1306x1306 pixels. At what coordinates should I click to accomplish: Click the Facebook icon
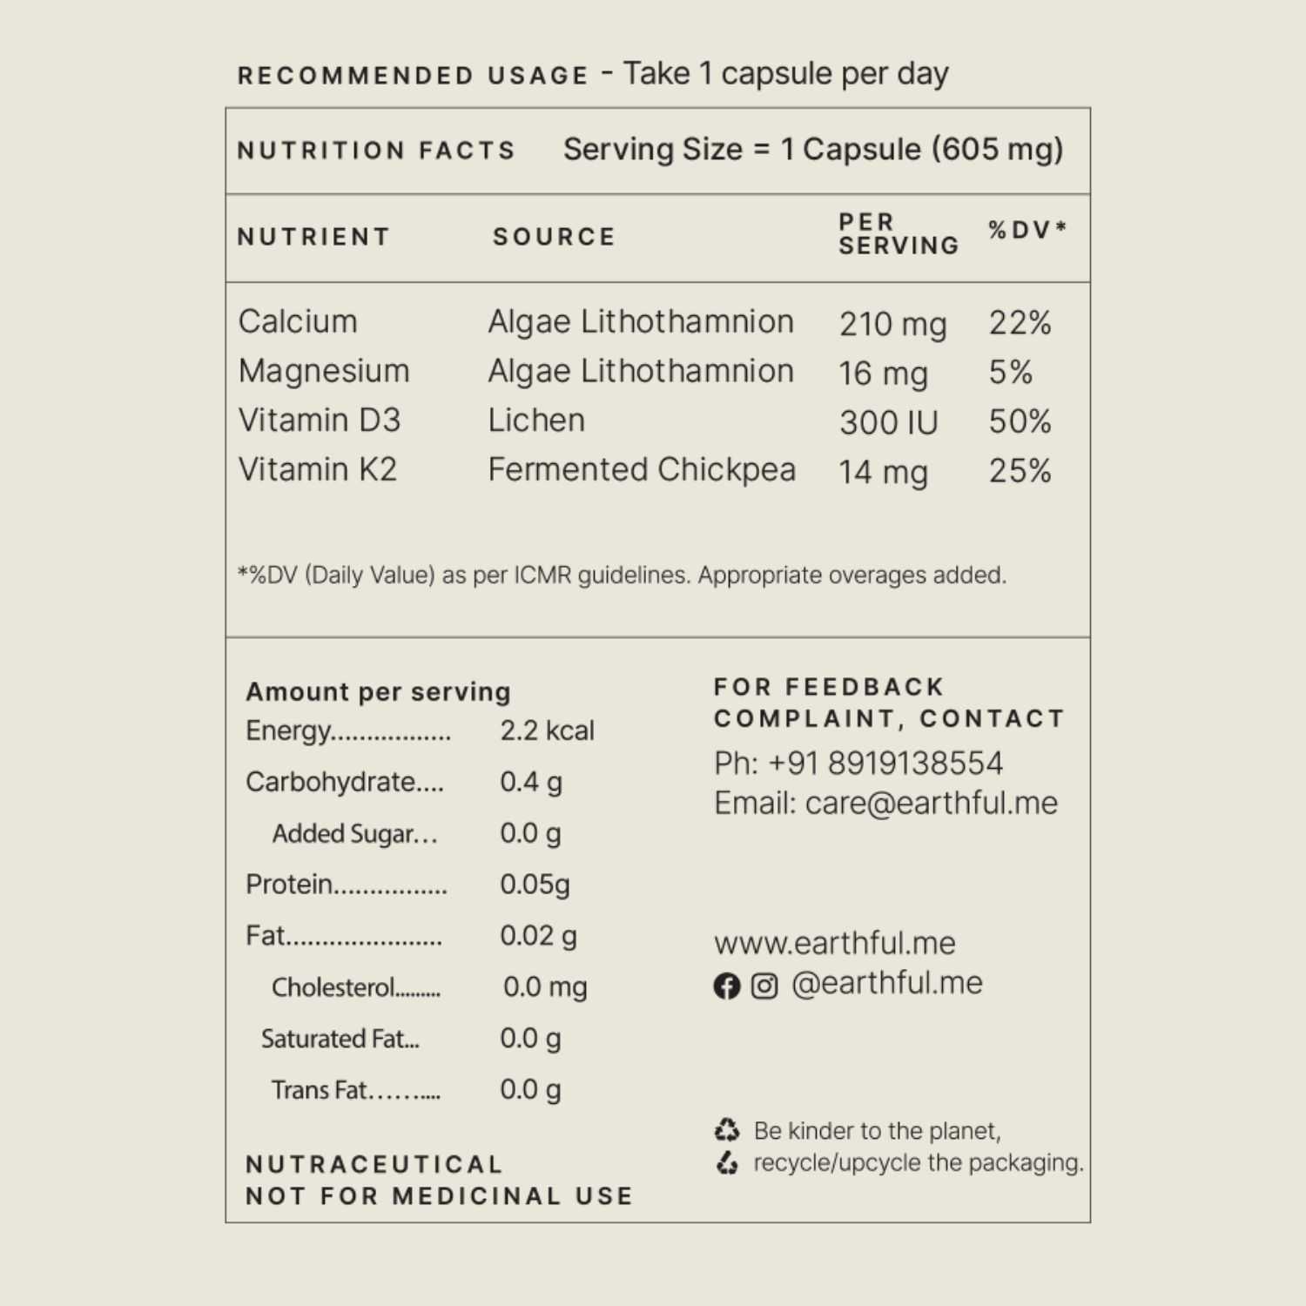point(726,986)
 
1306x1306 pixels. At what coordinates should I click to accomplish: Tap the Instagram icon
point(764,986)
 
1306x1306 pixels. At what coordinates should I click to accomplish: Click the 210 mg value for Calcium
point(892,324)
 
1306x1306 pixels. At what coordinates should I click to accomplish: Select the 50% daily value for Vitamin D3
point(1020,422)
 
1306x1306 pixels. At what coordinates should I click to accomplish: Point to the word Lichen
point(536,421)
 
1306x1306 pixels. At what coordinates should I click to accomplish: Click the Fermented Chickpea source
point(642,470)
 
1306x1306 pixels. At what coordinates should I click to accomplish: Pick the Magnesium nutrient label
point(324,372)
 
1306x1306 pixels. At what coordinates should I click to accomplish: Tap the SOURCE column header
point(554,237)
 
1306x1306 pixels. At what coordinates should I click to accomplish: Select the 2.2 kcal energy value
point(547,730)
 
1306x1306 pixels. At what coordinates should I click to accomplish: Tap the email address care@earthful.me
point(931,803)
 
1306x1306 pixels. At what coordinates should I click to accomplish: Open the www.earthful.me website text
point(834,943)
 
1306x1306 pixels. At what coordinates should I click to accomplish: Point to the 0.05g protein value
point(535,885)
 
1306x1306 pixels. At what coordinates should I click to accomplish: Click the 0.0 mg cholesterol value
point(545,987)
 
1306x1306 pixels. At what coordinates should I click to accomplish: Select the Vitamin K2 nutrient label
point(318,470)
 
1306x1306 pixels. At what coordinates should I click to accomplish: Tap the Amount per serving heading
point(378,692)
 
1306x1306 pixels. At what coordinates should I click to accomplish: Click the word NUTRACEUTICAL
point(374,1164)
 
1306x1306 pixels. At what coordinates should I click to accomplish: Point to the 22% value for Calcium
point(1020,323)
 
